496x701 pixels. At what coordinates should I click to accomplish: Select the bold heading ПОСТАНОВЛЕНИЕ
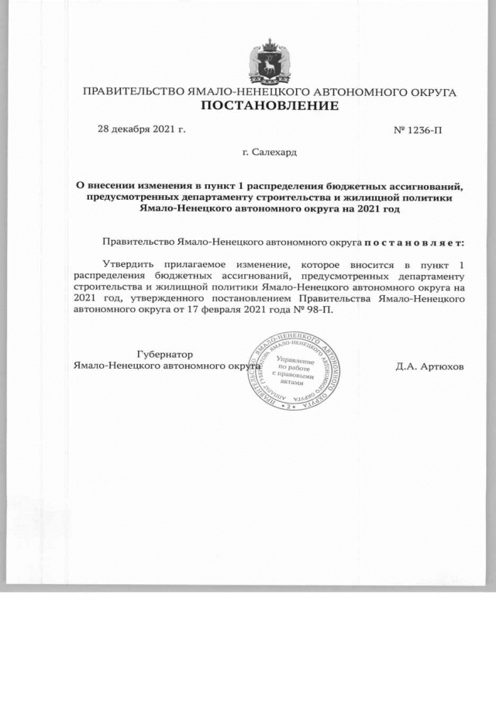(x=270, y=105)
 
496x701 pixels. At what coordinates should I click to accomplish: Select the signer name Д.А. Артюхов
(x=429, y=366)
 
